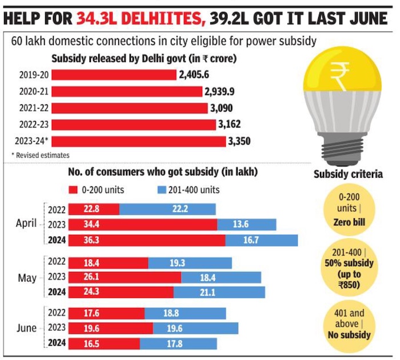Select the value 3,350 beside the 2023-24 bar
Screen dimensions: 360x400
click(x=240, y=141)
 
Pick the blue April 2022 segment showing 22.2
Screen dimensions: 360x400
click(x=167, y=210)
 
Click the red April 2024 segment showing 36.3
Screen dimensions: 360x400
click(x=146, y=240)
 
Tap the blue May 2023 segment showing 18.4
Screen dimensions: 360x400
click(x=221, y=277)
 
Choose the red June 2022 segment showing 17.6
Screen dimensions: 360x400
click(x=106, y=314)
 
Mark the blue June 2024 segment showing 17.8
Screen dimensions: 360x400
click(x=179, y=344)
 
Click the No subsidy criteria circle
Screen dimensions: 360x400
click(x=348, y=323)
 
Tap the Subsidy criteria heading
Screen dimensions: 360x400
click(x=348, y=174)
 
